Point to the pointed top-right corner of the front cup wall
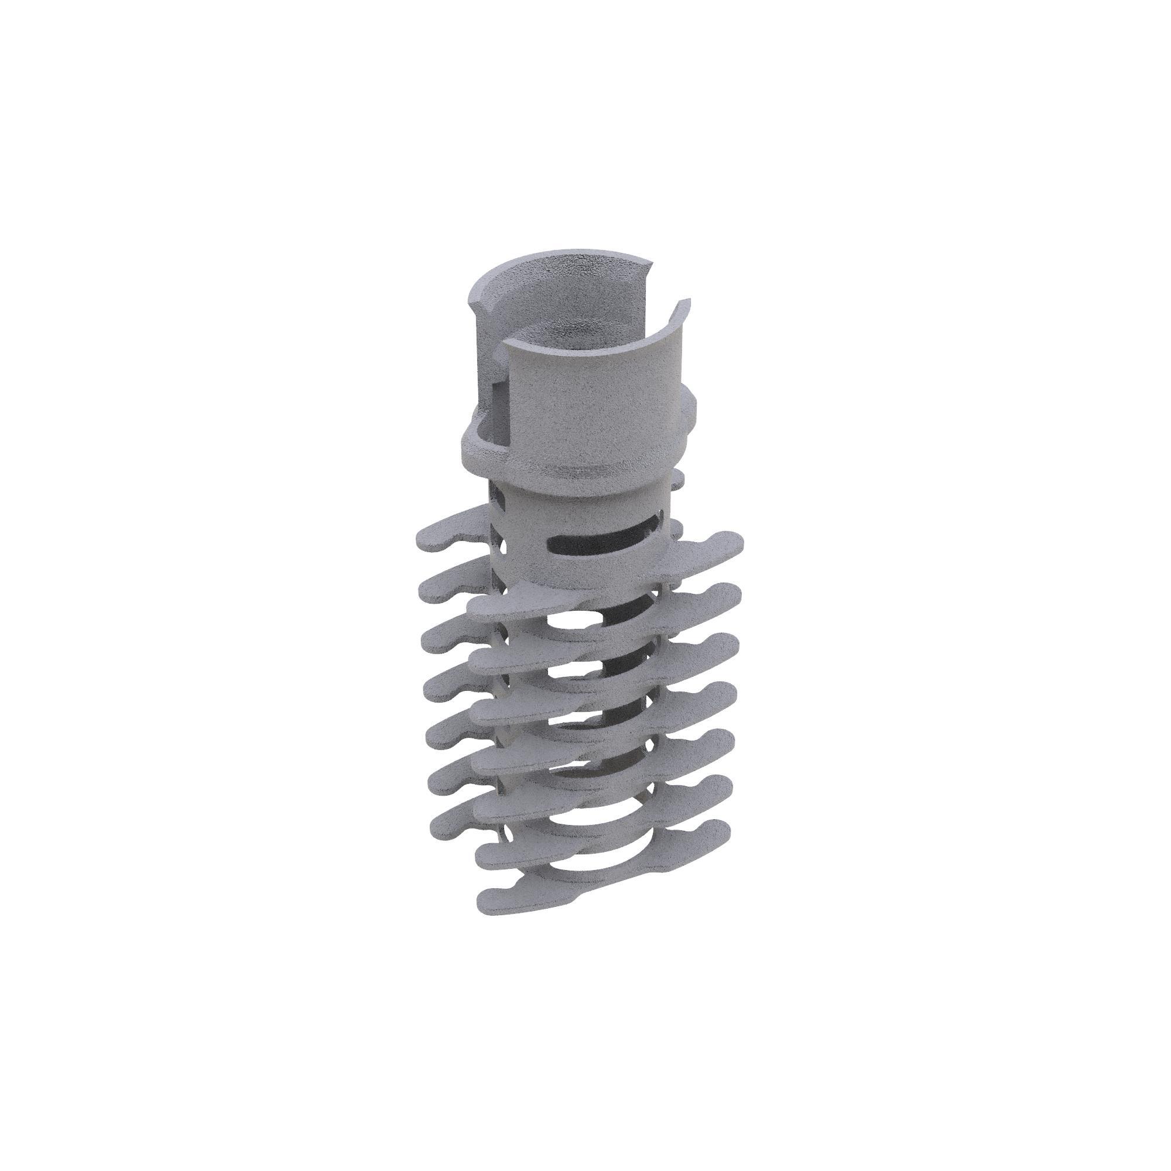click(x=689, y=300)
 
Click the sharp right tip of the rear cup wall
click(x=654, y=262)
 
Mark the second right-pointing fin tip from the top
click(x=735, y=588)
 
